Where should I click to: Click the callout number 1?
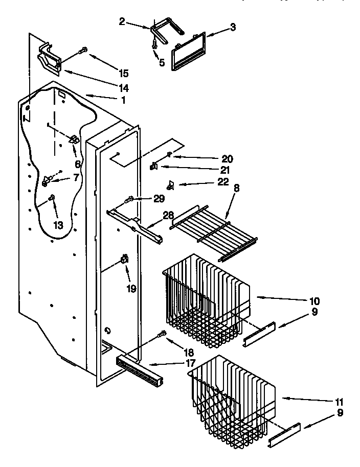tap(123, 100)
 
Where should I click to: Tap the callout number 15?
tap(123, 73)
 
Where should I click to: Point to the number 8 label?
tap(236, 188)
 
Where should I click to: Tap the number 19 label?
tap(131, 289)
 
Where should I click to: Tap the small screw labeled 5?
tap(155, 45)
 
